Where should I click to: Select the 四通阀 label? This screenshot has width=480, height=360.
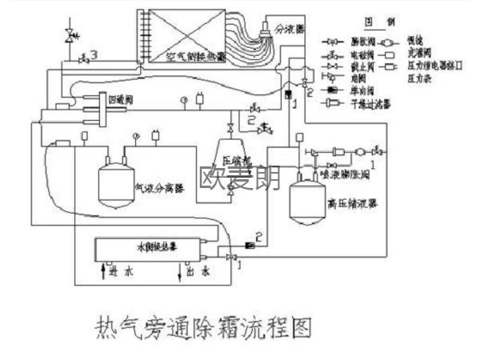tap(116, 100)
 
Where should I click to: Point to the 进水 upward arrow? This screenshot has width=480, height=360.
tap(105, 274)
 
